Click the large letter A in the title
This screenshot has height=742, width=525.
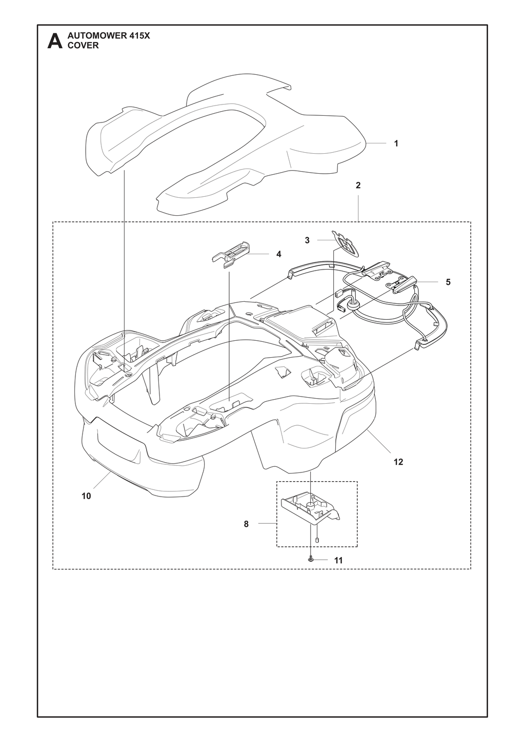coord(55,41)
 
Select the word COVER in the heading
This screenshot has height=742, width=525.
coord(83,46)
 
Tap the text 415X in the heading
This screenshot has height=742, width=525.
coord(140,36)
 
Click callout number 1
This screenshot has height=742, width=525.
coord(396,143)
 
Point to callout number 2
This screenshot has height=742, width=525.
coord(358,186)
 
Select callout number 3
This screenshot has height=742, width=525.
coord(307,240)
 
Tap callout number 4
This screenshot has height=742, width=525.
coord(279,254)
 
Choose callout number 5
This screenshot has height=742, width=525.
coord(448,282)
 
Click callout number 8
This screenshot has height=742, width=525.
coord(246,524)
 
